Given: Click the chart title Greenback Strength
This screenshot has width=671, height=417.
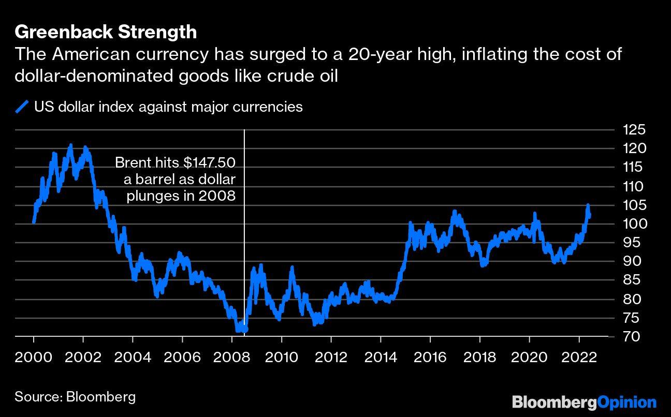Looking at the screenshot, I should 106,32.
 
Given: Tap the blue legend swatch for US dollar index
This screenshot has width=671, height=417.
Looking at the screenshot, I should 22,107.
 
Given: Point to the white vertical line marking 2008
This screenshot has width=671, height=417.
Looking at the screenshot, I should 244,233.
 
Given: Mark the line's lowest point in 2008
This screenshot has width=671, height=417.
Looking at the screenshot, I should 238,330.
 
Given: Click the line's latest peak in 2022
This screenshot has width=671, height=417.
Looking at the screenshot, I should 588,206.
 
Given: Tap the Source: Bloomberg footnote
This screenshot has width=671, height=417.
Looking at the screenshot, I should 75,397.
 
